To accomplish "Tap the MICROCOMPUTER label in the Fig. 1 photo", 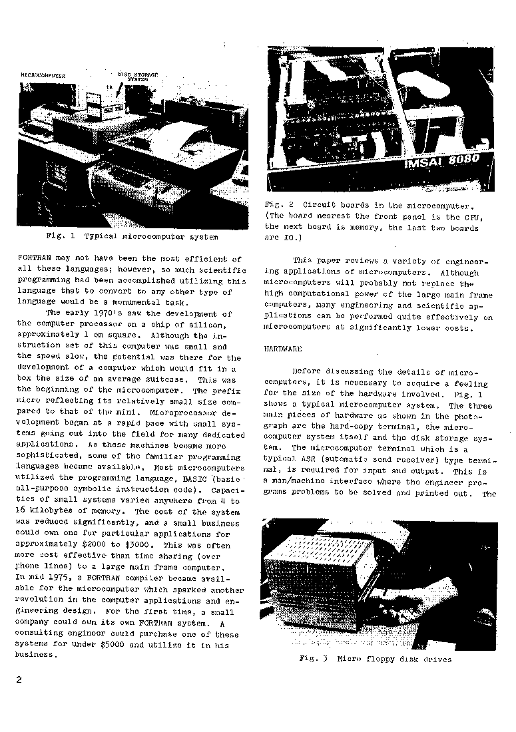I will click(43, 76).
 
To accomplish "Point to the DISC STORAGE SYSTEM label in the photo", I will click(138, 77).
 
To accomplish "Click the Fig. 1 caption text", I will click(132, 236).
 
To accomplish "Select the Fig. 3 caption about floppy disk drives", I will click(376, 659).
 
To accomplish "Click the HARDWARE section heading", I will click(283, 349).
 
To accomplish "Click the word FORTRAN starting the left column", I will click(32, 258).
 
